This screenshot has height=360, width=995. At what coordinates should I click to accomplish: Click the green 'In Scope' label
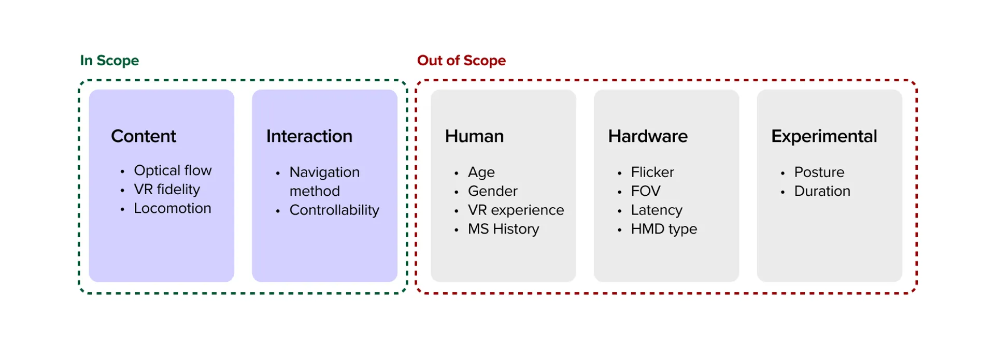pyautogui.click(x=109, y=61)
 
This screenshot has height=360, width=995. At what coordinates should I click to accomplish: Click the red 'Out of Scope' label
pyautogui.click(x=461, y=61)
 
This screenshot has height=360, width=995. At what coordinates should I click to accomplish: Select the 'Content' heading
pyautogui.click(x=144, y=136)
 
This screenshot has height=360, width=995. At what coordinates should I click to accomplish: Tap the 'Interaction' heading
pyautogui.click(x=309, y=136)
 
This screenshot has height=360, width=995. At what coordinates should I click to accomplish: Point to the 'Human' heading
pyautogui.click(x=474, y=136)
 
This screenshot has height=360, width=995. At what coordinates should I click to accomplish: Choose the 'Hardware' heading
pyautogui.click(x=648, y=136)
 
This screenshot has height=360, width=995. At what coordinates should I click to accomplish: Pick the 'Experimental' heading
pyautogui.click(x=824, y=136)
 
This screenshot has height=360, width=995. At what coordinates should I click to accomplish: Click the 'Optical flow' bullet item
pyautogui.click(x=173, y=170)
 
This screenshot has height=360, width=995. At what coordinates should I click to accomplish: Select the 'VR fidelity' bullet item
pyautogui.click(x=167, y=190)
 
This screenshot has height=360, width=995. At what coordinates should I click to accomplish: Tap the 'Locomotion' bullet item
pyautogui.click(x=173, y=208)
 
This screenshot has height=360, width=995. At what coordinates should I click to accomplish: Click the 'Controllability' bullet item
pyautogui.click(x=334, y=210)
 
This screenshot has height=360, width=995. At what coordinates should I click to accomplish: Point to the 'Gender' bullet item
pyautogui.click(x=492, y=191)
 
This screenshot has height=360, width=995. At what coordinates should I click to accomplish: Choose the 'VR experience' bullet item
pyautogui.click(x=516, y=210)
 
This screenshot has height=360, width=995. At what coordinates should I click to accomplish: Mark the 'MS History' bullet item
pyautogui.click(x=503, y=229)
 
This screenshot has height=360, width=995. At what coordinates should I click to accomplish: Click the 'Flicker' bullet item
pyautogui.click(x=652, y=172)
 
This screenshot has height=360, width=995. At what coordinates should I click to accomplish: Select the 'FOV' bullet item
pyautogui.click(x=646, y=191)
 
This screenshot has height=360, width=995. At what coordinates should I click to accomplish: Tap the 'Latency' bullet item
pyautogui.click(x=657, y=210)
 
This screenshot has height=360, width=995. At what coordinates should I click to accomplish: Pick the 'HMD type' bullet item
pyautogui.click(x=664, y=229)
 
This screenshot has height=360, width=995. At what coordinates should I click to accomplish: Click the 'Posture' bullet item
pyautogui.click(x=819, y=172)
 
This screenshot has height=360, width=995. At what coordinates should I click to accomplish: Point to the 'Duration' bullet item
pyautogui.click(x=822, y=191)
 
